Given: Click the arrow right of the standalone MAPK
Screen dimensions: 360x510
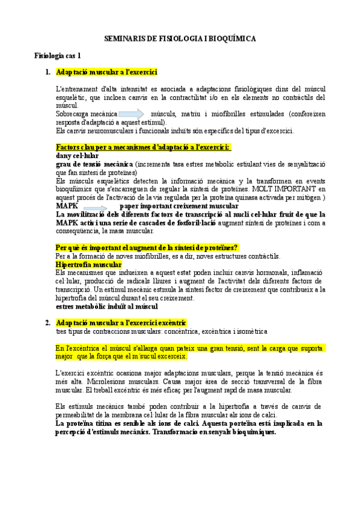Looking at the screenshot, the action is [99, 206].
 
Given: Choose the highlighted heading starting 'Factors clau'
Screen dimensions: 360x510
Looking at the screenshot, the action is [143, 147].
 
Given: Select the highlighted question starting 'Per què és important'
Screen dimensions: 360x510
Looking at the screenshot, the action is [147, 247].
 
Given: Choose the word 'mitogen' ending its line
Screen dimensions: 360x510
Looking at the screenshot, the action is [310, 197].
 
